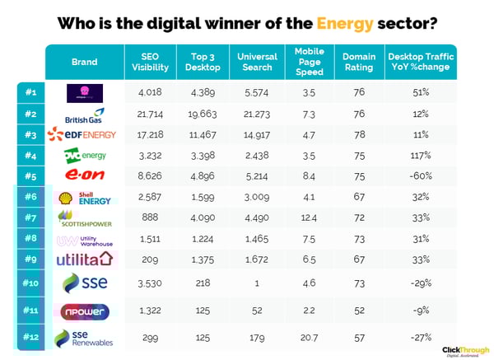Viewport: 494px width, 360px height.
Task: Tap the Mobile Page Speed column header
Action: (x=310, y=63)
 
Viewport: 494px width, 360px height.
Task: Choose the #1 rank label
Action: (x=28, y=91)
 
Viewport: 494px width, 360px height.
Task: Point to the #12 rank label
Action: (x=28, y=337)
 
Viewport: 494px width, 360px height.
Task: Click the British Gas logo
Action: (x=84, y=114)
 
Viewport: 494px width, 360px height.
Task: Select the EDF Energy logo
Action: (x=84, y=133)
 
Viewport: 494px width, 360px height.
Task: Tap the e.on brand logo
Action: (x=84, y=175)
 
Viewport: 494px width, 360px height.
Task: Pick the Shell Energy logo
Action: (x=84, y=196)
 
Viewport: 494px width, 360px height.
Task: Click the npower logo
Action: (x=84, y=310)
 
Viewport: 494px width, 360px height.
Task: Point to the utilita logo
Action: (x=84, y=259)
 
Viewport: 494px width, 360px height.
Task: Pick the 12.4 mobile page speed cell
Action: (x=310, y=217)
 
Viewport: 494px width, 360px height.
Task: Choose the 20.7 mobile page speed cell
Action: (x=310, y=337)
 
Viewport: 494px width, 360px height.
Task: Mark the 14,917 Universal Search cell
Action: (x=257, y=133)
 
